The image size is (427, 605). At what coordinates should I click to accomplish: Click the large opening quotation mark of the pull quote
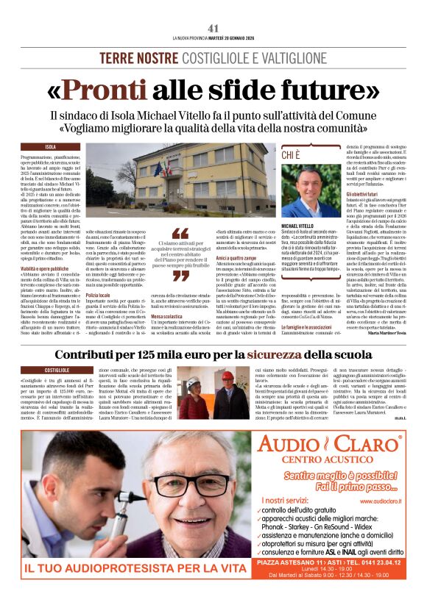pos(180,235)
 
